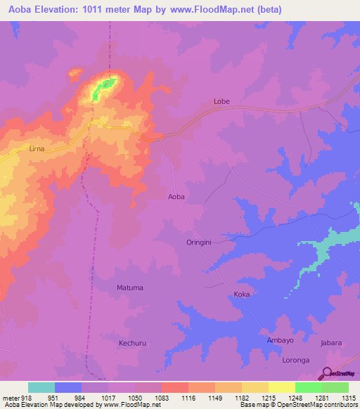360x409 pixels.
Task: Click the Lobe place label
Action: (221, 101)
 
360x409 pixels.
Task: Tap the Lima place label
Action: (37, 149)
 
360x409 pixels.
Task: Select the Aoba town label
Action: (176, 197)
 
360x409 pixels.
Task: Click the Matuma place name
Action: (129, 287)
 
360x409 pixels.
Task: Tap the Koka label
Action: (241, 294)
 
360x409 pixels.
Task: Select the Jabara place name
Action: (330, 343)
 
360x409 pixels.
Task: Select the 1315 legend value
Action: (349, 398)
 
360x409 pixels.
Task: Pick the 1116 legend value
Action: (188, 398)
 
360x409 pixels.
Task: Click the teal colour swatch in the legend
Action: (41, 387)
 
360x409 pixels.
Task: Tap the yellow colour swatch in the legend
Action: (281, 387)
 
